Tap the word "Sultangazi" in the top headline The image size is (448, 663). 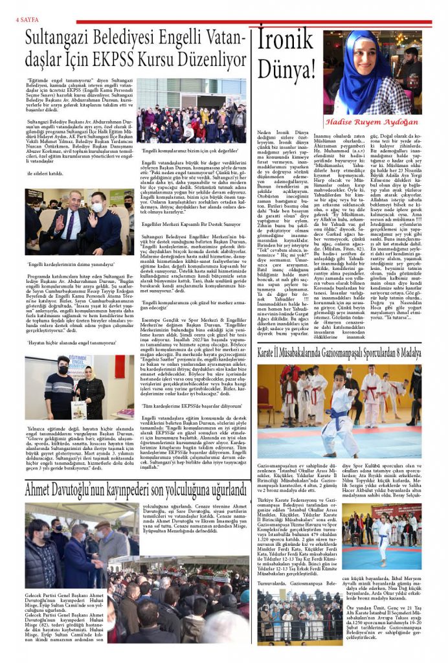click(62, 38)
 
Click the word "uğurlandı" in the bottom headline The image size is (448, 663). click(219, 491)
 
